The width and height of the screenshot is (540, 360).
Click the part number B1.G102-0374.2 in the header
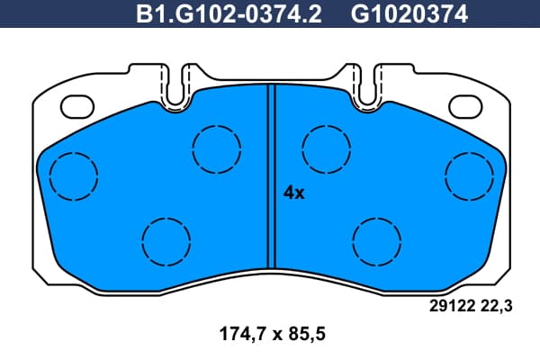tap(229, 14)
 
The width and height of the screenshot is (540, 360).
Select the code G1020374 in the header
tap(409, 14)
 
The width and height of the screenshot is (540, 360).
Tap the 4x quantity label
tap(293, 193)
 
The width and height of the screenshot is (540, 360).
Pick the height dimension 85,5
tap(304, 334)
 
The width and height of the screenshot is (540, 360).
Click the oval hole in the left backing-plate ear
tap(77, 106)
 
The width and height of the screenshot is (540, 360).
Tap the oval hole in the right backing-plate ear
tap(465, 106)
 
